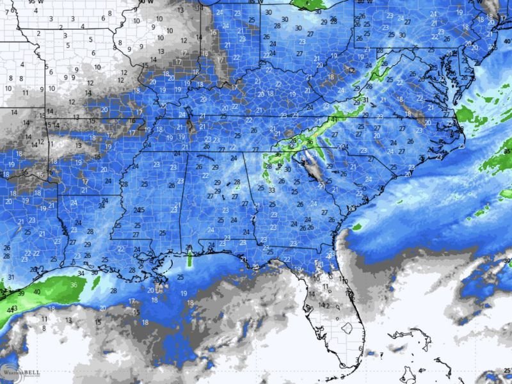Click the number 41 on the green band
pyautogui.click(x=333, y=119)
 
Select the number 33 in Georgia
pyautogui.click(x=273, y=190)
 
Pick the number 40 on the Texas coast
pyautogui.click(x=36, y=292)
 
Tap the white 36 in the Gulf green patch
pyautogui.click(x=74, y=285)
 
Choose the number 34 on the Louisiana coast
pyautogui.click(x=81, y=273)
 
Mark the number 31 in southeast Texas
pyautogui.click(x=10, y=277)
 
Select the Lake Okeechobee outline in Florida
pyautogui.click(x=347, y=329)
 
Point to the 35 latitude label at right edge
pyautogui.click(x=507, y=151)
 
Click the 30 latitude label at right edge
pyautogui.click(x=507, y=261)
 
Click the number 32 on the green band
pyautogui.click(x=291, y=146)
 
